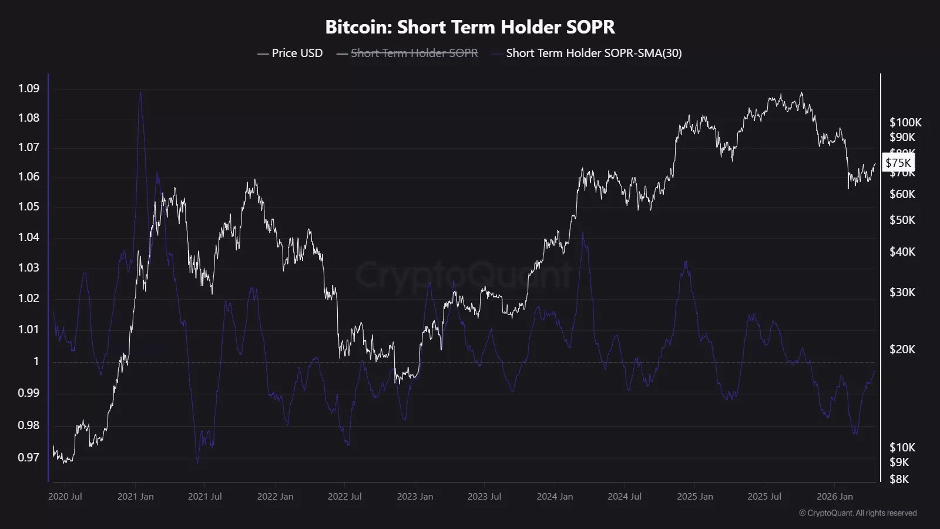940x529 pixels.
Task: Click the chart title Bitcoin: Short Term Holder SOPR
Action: pyautogui.click(x=470, y=27)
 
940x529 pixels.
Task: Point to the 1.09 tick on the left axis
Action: pyautogui.click(x=29, y=88)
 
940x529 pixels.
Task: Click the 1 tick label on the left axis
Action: pyautogui.click(x=36, y=361)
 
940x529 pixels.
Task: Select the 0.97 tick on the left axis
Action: pyautogui.click(x=29, y=457)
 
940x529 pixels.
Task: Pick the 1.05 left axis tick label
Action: pyautogui.click(x=29, y=206)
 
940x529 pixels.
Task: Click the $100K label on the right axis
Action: pyautogui.click(x=905, y=122)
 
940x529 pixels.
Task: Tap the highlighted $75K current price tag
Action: pyautogui.click(x=898, y=163)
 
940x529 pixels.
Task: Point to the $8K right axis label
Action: pyautogui.click(x=899, y=479)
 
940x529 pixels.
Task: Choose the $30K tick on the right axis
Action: pyautogui.click(x=902, y=292)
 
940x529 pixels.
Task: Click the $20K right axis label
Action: pyautogui.click(x=902, y=349)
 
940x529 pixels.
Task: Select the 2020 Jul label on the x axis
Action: pyautogui.click(x=65, y=497)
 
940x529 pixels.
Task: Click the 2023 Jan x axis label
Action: pyautogui.click(x=415, y=497)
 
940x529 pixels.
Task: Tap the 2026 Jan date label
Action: pyautogui.click(x=834, y=497)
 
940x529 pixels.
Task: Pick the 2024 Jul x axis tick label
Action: pyautogui.click(x=625, y=497)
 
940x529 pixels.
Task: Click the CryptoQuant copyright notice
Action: pyautogui.click(x=858, y=513)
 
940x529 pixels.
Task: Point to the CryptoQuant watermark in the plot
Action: pyautogui.click(x=464, y=274)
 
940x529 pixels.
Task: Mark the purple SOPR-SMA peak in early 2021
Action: pyautogui.click(x=140, y=92)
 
